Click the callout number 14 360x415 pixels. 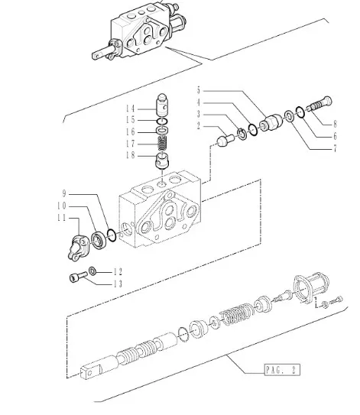(x=130, y=109)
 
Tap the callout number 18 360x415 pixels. (x=130, y=155)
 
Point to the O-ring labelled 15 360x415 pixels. (x=162, y=122)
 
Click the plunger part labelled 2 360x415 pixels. (x=225, y=141)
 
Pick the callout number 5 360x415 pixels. (x=199, y=90)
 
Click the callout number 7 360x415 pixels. (x=335, y=149)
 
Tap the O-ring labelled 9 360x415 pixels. (x=111, y=235)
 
